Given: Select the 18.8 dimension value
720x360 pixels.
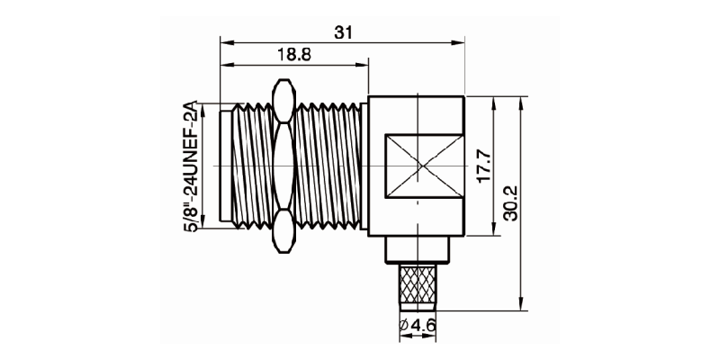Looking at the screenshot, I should [x=293, y=56].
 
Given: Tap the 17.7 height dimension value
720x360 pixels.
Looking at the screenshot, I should [x=483, y=166].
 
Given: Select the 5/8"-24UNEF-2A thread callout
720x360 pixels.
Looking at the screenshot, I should [x=190, y=168].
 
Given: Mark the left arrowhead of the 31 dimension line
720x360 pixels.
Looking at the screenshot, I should [x=225, y=41].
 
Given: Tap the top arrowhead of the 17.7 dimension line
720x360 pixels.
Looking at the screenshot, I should [x=492, y=101].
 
